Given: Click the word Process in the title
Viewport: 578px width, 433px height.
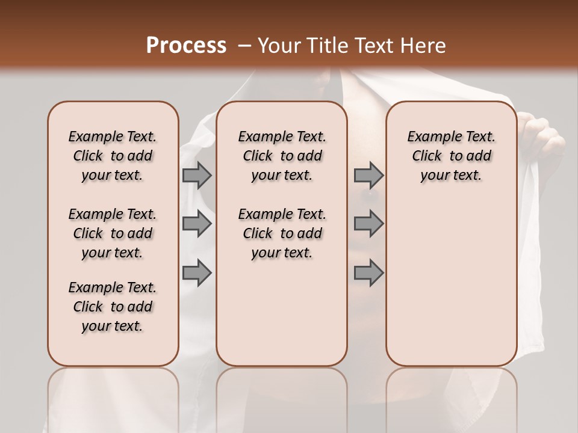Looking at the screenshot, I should click(186, 46).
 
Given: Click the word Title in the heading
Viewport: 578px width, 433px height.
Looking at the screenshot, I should click(329, 46).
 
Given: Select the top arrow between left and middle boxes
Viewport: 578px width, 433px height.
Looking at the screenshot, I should click(197, 175).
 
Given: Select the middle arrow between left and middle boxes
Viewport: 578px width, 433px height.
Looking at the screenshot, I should click(197, 224).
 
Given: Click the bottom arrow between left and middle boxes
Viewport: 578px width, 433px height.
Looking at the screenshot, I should click(197, 273).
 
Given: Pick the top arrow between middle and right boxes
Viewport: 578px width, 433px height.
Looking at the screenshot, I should click(368, 175).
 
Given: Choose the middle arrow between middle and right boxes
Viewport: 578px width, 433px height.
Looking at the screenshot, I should click(368, 224).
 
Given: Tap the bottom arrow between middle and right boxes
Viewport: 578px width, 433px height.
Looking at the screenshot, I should click(368, 273).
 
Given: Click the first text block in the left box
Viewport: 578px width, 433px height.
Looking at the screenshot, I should click(113, 156).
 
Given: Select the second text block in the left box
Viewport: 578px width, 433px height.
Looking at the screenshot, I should click(113, 233).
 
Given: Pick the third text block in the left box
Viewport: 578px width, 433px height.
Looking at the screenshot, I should click(113, 307).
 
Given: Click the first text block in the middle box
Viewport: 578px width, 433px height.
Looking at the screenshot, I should click(282, 156).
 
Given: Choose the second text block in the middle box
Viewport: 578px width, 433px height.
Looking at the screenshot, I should click(282, 233).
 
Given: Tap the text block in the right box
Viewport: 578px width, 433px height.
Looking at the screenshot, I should click(451, 156).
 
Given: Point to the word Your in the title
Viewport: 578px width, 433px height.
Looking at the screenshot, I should click(280, 46).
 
